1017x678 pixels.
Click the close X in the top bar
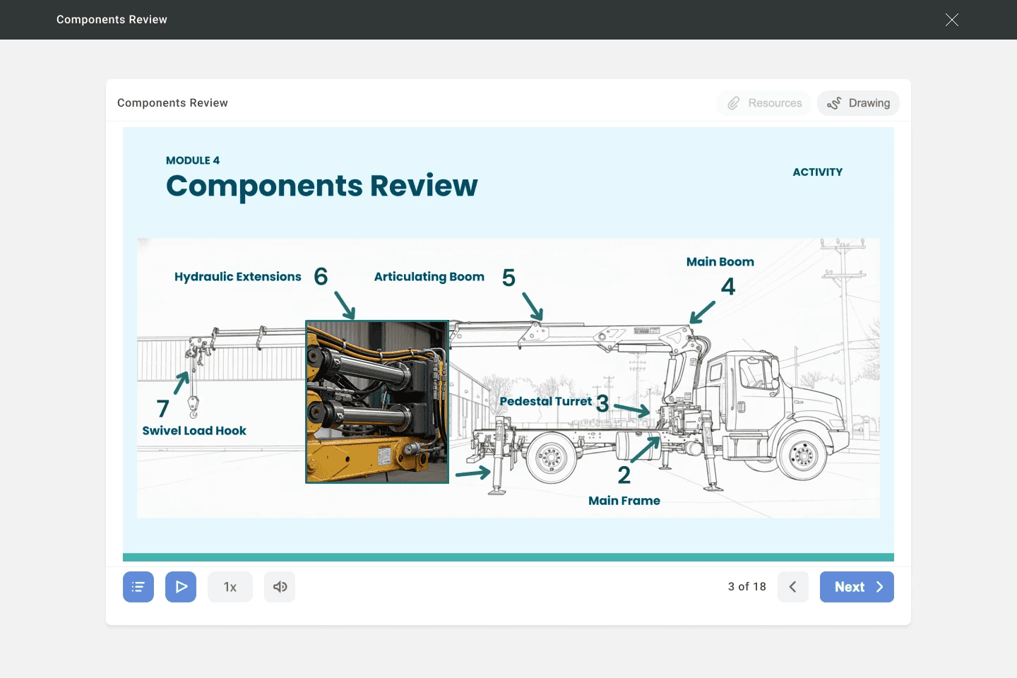[x=951, y=20]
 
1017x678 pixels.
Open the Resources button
[x=764, y=103]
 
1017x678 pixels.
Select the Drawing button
[x=858, y=103]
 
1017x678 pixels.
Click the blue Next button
[x=857, y=587]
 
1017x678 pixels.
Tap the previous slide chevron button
[x=792, y=587]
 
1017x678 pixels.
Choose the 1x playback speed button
[x=230, y=587]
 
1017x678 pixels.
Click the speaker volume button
[x=280, y=587]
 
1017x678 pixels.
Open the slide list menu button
[x=138, y=587]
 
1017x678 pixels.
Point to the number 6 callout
[x=321, y=276]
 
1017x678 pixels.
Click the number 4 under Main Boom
[x=728, y=287]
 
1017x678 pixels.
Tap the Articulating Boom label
[x=429, y=277]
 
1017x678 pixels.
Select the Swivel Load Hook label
[x=194, y=431]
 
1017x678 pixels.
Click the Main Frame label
[x=624, y=501]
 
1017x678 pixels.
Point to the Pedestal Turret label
[x=545, y=402]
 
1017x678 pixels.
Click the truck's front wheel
[x=802, y=456]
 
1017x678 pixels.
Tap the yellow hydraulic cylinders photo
[x=377, y=402]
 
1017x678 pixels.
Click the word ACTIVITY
[x=817, y=172]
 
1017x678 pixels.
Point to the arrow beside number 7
[x=182, y=383]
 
